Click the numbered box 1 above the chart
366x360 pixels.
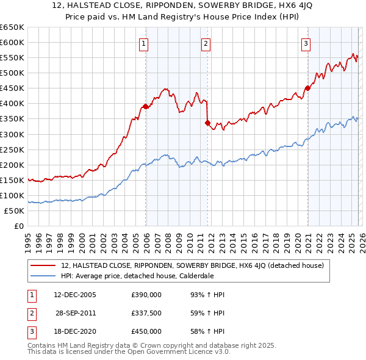(x=143, y=43)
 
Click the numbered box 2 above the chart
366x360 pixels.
(x=206, y=43)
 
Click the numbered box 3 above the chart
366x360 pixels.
(x=306, y=43)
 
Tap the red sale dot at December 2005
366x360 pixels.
(x=145, y=106)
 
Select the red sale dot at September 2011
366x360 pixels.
(x=207, y=123)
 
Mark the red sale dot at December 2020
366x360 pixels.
(x=307, y=88)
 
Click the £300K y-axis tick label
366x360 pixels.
(x=12, y=134)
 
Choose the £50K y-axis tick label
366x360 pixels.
(x=14, y=211)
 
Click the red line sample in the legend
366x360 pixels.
(x=43, y=265)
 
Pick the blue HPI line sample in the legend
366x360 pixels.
(x=43, y=276)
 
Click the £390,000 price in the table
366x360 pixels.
(x=146, y=295)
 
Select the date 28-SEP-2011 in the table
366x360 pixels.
(x=75, y=313)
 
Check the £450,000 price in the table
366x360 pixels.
(x=146, y=331)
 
